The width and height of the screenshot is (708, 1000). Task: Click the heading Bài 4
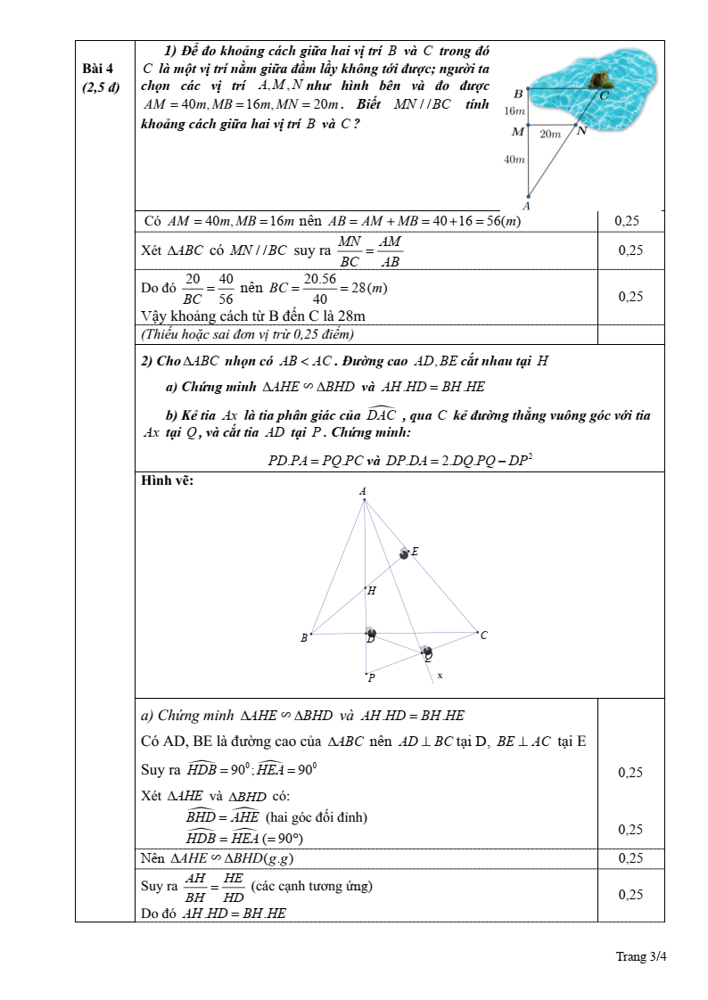click(98, 69)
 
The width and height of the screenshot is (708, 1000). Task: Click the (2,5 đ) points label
click(101, 87)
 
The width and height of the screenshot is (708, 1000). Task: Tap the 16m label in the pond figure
click(515, 111)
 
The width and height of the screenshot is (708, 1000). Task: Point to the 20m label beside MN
click(550, 134)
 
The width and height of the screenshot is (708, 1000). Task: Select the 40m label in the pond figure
click(515, 160)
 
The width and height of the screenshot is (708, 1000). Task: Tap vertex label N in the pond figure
click(581, 131)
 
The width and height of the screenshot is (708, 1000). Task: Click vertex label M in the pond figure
click(517, 132)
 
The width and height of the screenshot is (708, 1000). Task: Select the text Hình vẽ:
click(168, 481)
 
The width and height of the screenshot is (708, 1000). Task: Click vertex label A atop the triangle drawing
click(363, 491)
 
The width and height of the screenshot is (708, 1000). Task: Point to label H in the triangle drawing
click(372, 590)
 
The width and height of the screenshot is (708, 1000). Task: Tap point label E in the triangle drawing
click(415, 552)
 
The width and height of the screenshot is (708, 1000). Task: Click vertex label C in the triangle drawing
click(483, 635)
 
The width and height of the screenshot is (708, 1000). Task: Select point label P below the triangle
click(371, 677)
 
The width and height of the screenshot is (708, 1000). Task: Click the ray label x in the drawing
click(440, 676)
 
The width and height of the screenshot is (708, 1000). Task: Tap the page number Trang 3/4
click(641, 956)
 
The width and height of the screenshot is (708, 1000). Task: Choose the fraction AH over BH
click(195, 888)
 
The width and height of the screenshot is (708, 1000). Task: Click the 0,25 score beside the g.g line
click(630, 858)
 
